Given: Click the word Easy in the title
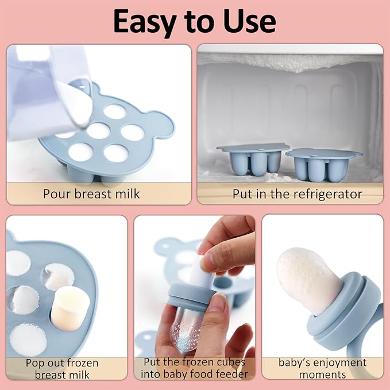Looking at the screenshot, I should [x=145, y=21].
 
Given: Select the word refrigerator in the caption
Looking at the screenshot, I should [x=328, y=194].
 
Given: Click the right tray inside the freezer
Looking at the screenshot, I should [x=323, y=163].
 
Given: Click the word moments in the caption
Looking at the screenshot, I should [x=322, y=374].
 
